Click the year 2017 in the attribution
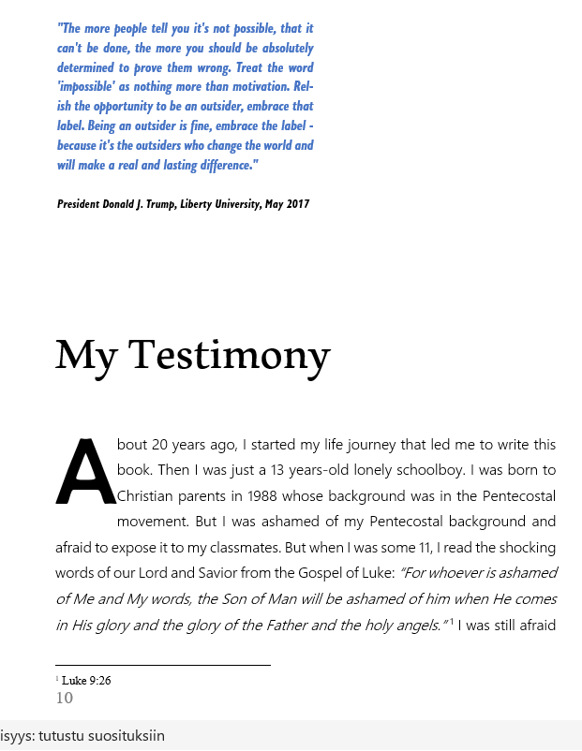(297, 204)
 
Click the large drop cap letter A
(86, 471)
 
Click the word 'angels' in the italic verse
(413, 625)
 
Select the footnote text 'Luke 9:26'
(86, 681)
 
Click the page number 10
(65, 698)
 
